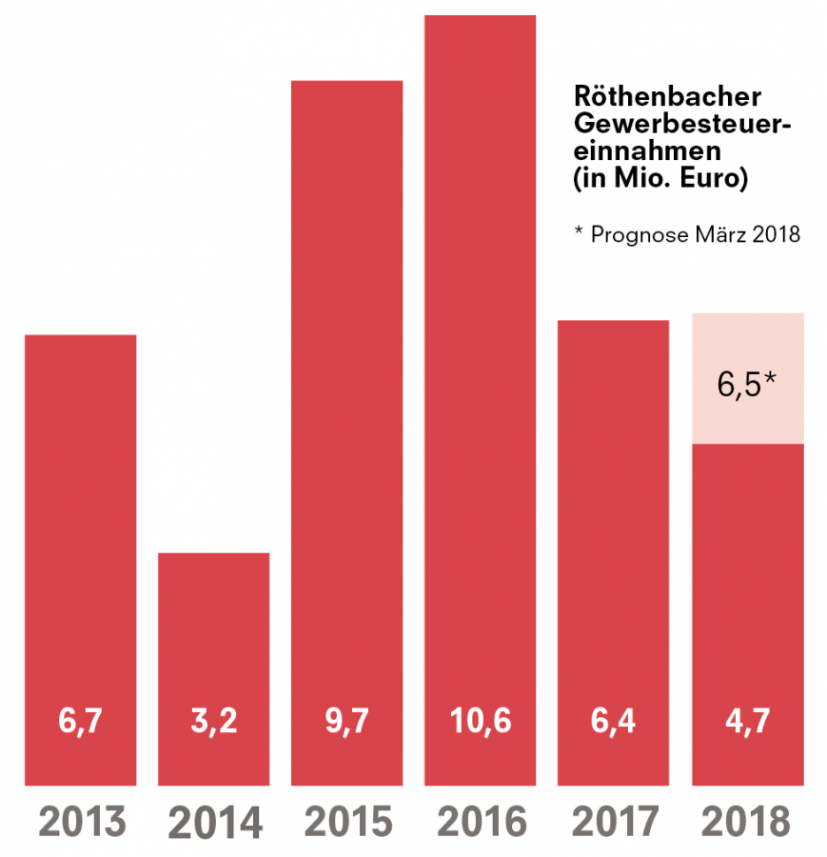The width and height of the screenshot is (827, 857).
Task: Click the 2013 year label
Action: (x=81, y=822)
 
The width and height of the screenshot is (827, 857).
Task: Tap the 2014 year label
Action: (x=214, y=823)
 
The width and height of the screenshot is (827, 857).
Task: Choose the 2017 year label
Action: (x=614, y=822)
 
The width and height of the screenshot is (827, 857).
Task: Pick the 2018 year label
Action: (x=747, y=822)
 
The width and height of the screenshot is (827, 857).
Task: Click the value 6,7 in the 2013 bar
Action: (x=81, y=721)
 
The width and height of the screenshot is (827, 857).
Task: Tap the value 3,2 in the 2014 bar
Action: (x=214, y=721)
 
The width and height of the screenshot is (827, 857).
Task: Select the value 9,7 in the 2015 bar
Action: (x=346, y=721)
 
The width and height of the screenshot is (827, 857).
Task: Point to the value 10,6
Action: (x=480, y=721)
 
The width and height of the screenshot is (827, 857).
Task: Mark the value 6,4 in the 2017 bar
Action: (x=614, y=721)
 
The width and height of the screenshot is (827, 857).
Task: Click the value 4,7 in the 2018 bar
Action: (x=747, y=721)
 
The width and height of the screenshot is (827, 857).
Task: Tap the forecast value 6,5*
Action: (x=747, y=386)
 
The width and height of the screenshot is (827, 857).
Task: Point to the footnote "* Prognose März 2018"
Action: (x=686, y=234)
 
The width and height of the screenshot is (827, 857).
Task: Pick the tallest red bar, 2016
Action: (x=480, y=381)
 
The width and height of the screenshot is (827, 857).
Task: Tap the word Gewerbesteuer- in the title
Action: (x=683, y=125)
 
